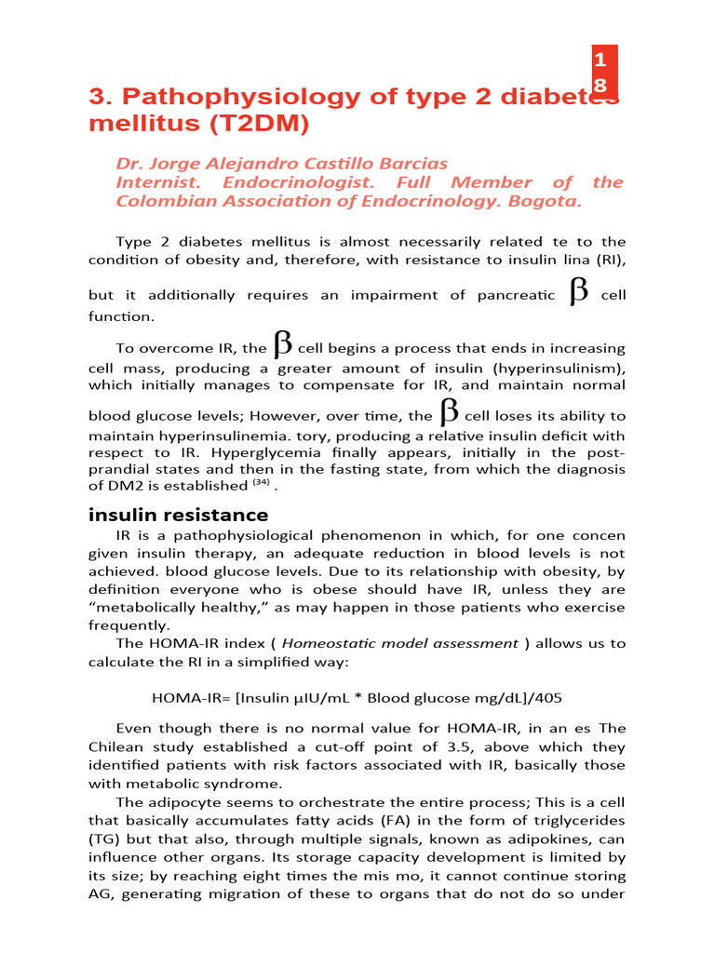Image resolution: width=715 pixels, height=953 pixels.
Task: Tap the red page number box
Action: tap(605, 73)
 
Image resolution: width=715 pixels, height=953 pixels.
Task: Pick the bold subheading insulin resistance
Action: tap(178, 515)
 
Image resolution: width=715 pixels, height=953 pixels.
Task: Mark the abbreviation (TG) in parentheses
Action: tap(104, 839)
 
